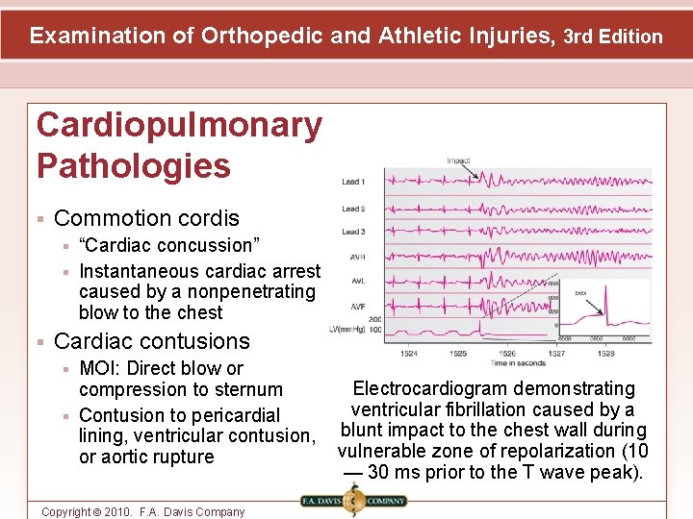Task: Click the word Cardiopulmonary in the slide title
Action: (179, 125)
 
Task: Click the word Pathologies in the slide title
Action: (133, 165)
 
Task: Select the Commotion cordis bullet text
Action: (146, 218)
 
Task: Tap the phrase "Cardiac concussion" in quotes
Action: (165, 245)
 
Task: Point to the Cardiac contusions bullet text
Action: (152, 341)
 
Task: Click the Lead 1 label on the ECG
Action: (353, 182)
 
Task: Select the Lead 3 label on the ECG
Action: (353, 232)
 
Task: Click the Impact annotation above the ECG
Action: (458, 161)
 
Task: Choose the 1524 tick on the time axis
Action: (408, 353)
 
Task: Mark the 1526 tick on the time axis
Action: (507, 353)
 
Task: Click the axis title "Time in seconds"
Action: (518, 363)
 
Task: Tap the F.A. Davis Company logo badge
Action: (353, 500)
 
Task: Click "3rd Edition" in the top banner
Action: (613, 37)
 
